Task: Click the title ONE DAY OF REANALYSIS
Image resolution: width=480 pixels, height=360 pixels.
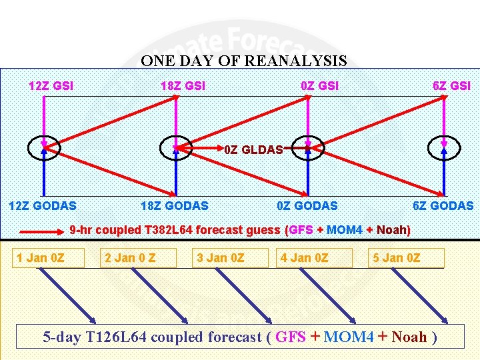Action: [x=243, y=61]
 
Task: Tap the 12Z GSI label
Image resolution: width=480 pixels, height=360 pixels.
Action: [x=51, y=86]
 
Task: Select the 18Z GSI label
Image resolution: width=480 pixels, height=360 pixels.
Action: [x=183, y=86]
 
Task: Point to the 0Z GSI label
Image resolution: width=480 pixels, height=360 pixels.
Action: [x=319, y=86]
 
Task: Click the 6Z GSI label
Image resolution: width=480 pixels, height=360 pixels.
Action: [x=451, y=86]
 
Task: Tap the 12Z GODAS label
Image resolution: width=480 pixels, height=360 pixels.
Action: [x=42, y=206]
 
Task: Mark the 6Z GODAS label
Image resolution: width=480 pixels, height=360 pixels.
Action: [x=443, y=206]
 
